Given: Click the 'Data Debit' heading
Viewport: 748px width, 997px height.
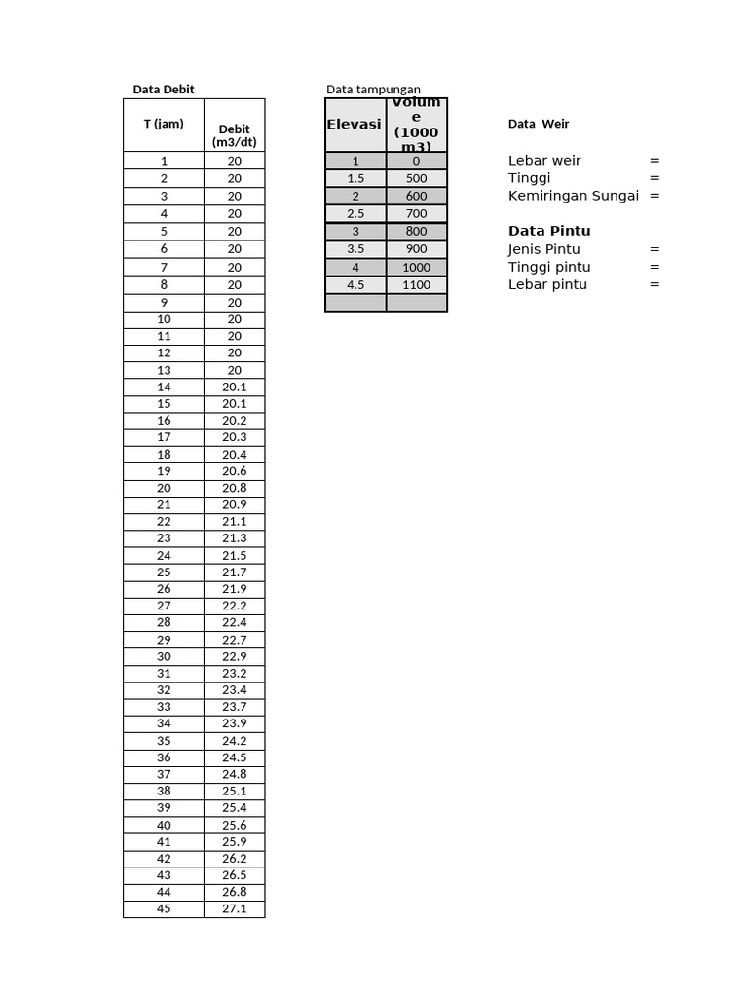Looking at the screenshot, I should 164,90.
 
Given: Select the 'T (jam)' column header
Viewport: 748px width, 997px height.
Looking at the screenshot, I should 164,124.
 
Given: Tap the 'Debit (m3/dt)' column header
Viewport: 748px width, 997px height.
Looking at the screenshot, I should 234,135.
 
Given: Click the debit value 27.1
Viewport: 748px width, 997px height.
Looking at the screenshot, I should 234,909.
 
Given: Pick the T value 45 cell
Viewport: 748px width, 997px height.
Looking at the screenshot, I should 164,909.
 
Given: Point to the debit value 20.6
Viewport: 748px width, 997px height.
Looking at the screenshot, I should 234,471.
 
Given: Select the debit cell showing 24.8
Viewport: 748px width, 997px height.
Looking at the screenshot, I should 234,774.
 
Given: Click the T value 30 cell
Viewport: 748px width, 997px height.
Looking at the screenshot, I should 164,656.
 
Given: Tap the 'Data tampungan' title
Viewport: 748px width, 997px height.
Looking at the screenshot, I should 373,90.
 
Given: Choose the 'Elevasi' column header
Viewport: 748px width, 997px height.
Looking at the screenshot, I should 355,125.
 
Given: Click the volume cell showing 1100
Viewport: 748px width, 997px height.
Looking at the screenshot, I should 416,285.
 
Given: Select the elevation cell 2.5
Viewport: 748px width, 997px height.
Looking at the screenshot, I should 355,213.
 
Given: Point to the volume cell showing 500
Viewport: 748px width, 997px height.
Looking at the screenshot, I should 416,179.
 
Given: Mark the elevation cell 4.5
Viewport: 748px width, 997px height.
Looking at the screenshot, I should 355,285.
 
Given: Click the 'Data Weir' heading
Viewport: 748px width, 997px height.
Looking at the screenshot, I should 539,124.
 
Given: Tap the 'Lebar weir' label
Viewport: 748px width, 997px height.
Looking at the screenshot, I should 544,161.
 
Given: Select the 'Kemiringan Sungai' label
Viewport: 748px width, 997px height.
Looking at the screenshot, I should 574,196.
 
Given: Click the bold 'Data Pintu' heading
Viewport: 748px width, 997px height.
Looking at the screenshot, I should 549,231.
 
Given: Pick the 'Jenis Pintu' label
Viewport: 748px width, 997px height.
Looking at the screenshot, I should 543,249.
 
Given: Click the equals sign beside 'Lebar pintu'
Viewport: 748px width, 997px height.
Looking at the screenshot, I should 654,284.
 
